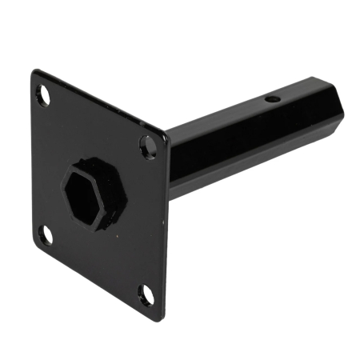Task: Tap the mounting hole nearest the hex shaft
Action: pyautogui.click(x=147, y=145)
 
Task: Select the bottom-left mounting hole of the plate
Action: pyautogui.click(x=46, y=234)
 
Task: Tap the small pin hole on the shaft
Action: pyautogui.click(x=272, y=100)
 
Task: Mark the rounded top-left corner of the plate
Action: pyautogui.click(x=34, y=74)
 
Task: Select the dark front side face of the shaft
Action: pyautogui.click(x=240, y=144)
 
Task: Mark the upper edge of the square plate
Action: pyautogui.click(x=100, y=102)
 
